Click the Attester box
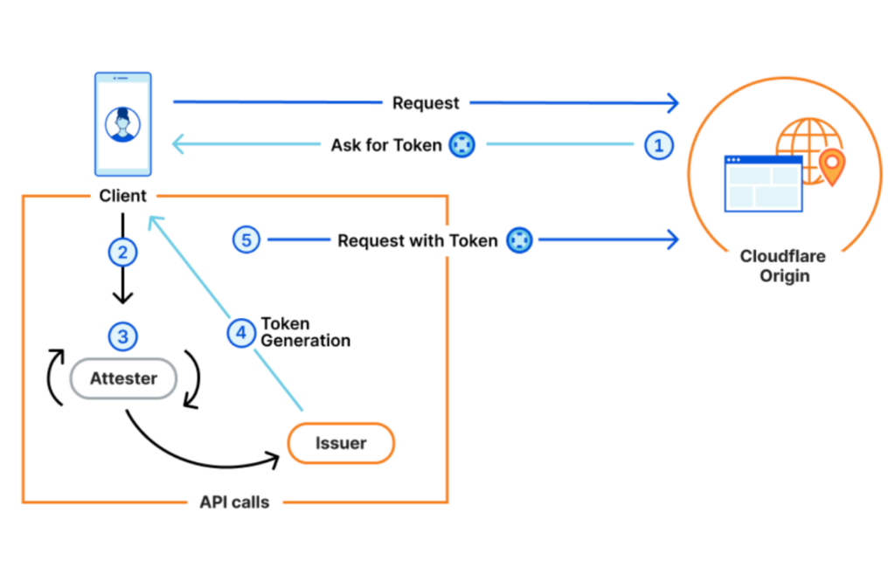123,379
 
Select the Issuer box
341,444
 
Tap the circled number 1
659,145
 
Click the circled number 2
123,253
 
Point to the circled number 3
123,335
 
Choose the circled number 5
247,239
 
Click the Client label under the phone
123,196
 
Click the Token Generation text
305,332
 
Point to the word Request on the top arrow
426,103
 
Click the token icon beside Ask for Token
461,145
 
